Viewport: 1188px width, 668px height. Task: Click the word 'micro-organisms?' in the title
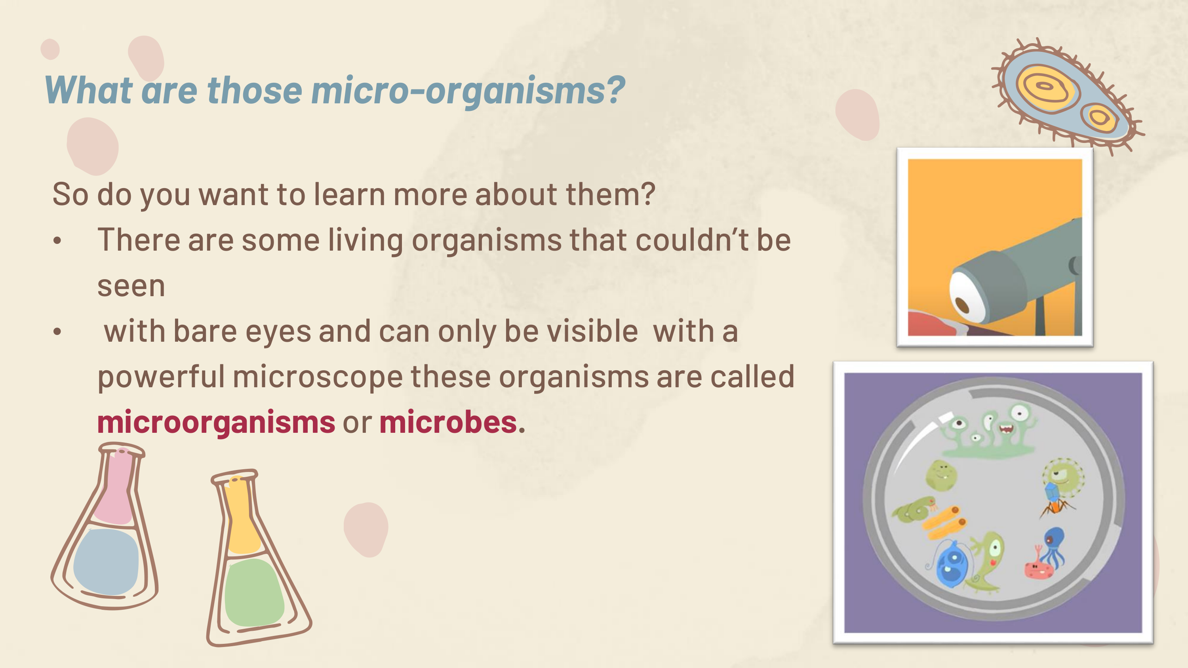(x=468, y=91)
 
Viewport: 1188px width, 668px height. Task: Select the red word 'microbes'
(x=448, y=422)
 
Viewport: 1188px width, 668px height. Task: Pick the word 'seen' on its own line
(x=131, y=287)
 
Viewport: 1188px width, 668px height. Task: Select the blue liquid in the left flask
(x=106, y=562)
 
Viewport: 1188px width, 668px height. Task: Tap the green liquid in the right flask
(x=254, y=593)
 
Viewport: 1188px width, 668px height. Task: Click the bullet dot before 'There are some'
(x=57, y=240)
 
